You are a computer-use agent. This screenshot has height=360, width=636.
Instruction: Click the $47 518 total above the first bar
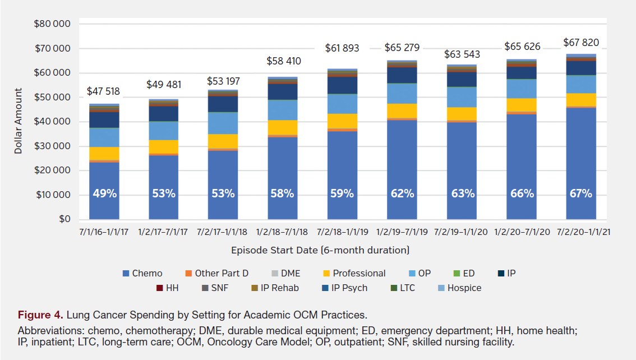(x=103, y=91)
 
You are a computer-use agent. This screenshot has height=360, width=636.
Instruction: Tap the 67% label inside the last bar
(x=581, y=193)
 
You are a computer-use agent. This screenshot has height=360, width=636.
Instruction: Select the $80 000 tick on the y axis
(x=52, y=24)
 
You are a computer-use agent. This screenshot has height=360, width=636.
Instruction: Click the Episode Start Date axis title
(x=320, y=250)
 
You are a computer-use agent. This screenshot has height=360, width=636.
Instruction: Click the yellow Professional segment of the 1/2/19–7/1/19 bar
(x=402, y=111)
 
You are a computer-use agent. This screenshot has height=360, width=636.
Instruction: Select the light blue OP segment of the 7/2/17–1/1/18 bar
(x=223, y=123)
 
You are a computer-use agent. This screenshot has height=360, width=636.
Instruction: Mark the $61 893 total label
(x=342, y=48)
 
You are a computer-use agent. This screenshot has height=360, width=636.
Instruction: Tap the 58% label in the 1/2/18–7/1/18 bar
(x=282, y=193)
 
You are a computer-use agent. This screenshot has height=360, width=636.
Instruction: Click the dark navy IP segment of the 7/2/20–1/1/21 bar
(x=581, y=68)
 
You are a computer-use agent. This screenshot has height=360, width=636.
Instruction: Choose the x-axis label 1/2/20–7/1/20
(x=521, y=232)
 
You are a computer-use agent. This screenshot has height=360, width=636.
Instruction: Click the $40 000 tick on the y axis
(x=52, y=122)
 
